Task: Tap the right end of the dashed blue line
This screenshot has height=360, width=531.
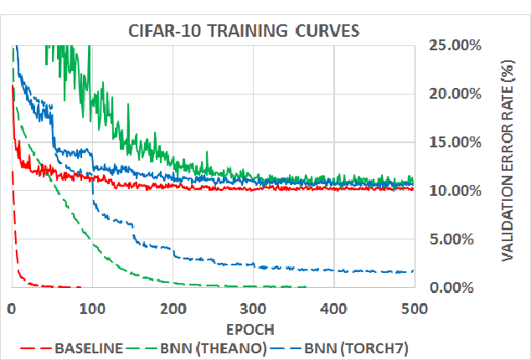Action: (x=414, y=270)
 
